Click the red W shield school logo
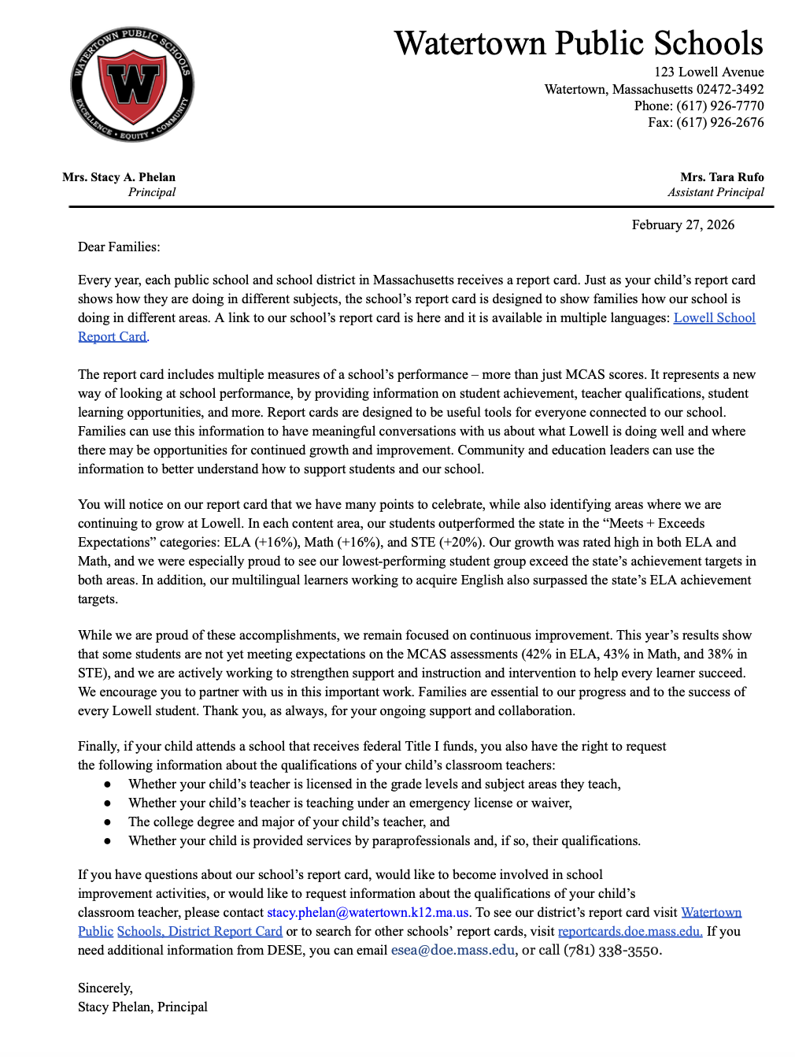click(x=132, y=84)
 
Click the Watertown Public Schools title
click(x=579, y=43)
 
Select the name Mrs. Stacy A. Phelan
click(x=119, y=177)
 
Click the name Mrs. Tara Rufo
click(x=722, y=177)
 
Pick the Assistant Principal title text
click(x=715, y=192)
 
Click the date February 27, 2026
click(x=682, y=224)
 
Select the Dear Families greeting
click(x=119, y=247)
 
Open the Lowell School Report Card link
click(x=714, y=317)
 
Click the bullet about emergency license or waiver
click(x=350, y=803)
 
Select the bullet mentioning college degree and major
click(x=289, y=821)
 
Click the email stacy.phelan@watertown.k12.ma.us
click(x=368, y=912)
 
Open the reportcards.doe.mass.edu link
click(x=630, y=931)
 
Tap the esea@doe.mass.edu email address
click(x=453, y=950)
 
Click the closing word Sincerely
click(x=105, y=988)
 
